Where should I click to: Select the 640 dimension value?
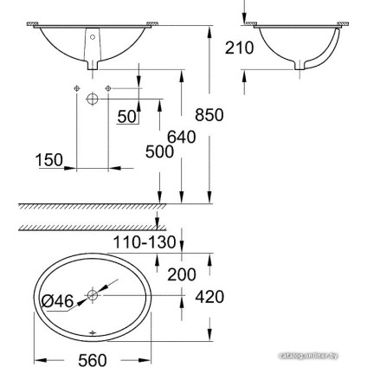(182, 137)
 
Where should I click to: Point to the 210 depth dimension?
(239, 48)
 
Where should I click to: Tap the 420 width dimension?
(209, 297)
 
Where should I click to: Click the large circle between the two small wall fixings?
(93, 100)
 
